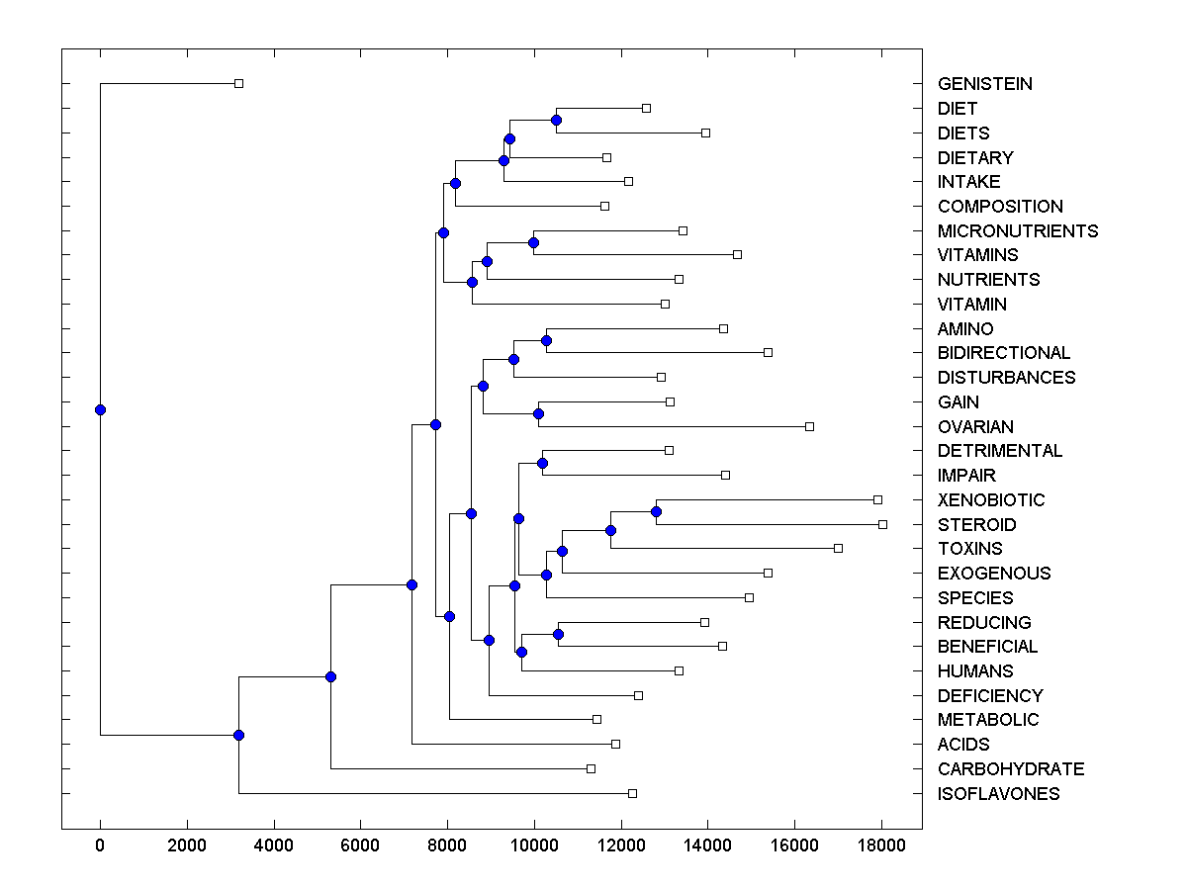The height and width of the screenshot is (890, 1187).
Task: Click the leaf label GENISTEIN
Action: [984, 84]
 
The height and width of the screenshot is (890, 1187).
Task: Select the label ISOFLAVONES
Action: [998, 794]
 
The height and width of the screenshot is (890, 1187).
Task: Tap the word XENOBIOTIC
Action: [991, 500]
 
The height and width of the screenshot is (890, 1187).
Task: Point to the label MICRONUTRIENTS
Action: [1018, 231]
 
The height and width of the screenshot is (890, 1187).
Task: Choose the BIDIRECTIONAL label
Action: [1003, 353]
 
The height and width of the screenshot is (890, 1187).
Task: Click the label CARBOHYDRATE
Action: [1011, 769]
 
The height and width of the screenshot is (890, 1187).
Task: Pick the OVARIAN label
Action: [975, 427]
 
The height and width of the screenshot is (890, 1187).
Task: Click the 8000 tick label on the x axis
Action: [447, 845]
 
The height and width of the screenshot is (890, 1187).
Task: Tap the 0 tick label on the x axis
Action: [100, 845]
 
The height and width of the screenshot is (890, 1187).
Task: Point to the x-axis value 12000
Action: [621, 845]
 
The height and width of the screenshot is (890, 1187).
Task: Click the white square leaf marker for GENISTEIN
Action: [238, 84]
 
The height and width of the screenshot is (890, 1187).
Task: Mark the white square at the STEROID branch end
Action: [882, 524]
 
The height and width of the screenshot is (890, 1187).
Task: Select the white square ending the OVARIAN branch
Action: [809, 426]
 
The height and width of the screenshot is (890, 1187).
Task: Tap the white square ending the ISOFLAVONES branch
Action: [632, 793]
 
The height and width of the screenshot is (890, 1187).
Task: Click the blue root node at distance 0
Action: [100, 409]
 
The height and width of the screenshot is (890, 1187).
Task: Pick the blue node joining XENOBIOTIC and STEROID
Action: [656, 511]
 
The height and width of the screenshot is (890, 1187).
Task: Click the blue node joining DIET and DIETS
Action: [556, 120]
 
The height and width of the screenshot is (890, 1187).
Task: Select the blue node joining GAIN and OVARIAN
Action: [538, 413]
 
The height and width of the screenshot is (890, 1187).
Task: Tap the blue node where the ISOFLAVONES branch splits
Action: [238, 735]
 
